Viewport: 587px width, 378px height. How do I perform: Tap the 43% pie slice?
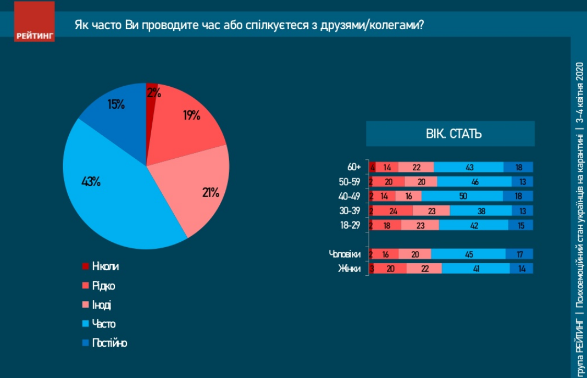click(104, 187)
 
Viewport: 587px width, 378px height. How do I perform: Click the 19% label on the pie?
click(191, 115)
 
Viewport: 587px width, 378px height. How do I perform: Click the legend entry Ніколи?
click(105, 266)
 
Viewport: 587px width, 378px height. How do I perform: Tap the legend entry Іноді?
click(102, 304)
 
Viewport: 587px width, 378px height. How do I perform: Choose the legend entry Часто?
click(103, 324)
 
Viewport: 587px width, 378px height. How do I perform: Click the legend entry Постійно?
click(109, 343)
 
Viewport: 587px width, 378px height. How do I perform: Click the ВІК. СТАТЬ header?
click(450, 134)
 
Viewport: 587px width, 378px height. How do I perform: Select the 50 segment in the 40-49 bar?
click(462, 196)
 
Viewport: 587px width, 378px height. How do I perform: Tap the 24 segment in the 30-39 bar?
click(393, 210)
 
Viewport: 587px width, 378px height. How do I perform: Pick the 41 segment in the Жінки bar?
click(475, 268)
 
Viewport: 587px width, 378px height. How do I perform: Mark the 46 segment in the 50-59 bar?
click(474, 182)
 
